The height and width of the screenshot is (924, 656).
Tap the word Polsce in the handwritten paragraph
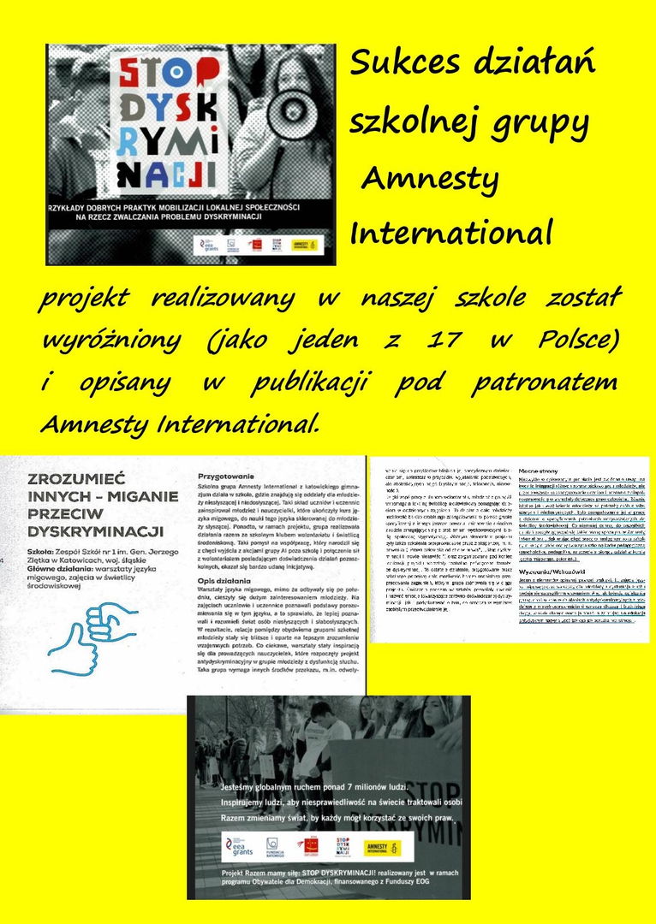577,340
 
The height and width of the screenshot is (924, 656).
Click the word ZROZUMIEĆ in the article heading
76,478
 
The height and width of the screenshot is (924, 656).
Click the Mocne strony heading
539,471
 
